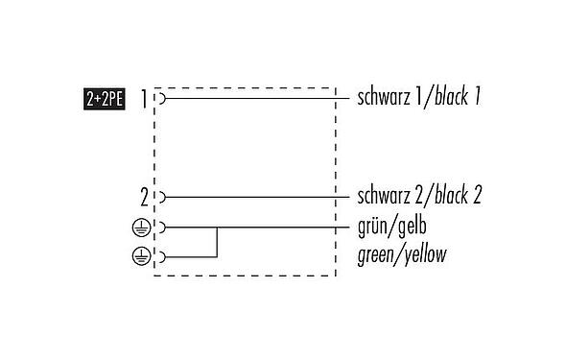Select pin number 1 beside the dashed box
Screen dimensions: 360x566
pos(144,98)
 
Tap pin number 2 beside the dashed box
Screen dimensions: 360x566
pos(144,197)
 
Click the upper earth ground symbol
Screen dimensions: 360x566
pos(140,228)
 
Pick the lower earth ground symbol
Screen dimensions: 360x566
pos(140,255)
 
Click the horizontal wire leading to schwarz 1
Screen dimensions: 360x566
pos(249,98)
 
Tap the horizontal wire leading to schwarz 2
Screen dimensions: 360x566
pos(249,197)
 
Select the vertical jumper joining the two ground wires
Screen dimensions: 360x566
pos(218,241)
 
